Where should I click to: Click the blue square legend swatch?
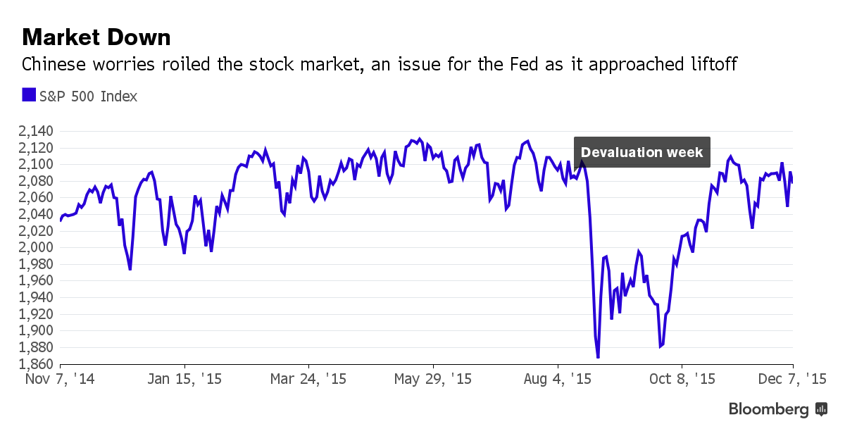[x=28, y=95]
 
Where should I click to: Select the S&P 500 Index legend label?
[x=88, y=96]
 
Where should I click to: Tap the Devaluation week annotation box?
[x=641, y=152]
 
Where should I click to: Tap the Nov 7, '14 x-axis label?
[x=60, y=379]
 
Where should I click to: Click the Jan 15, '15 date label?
[x=185, y=379]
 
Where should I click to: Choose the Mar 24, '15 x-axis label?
[x=309, y=379]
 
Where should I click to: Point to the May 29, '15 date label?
[x=433, y=379]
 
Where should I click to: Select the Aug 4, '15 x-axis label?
[x=558, y=379]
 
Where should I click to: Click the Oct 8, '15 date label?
[x=682, y=379]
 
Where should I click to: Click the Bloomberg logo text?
[x=768, y=409]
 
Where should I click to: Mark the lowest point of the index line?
[x=598, y=358]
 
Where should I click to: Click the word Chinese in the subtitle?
[x=54, y=65]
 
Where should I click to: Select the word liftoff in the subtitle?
[x=711, y=65]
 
